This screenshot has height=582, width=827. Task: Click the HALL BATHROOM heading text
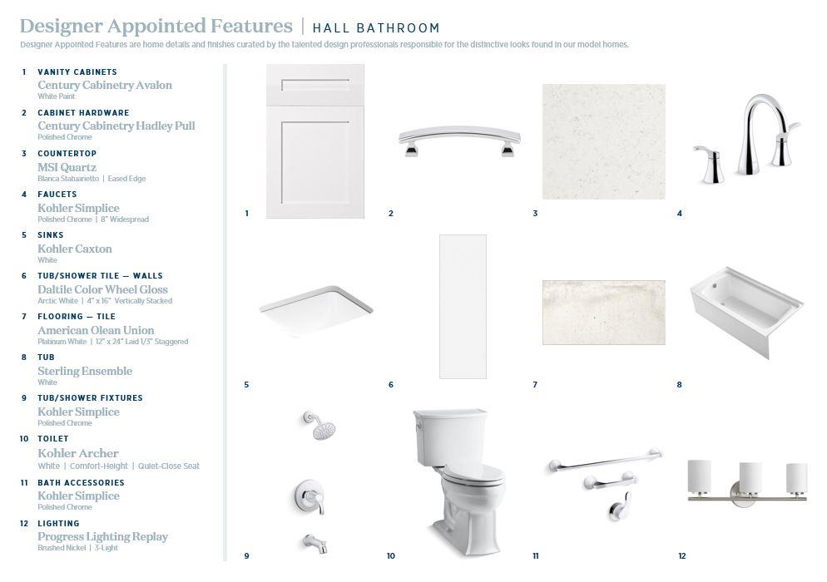(x=376, y=27)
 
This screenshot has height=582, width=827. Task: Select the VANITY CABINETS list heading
(x=77, y=72)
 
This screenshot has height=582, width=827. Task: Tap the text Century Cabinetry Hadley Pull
(x=116, y=126)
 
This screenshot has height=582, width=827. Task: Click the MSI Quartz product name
(x=67, y=167)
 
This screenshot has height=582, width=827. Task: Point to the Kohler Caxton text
(x=74, y=249)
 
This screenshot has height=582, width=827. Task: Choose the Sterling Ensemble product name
(x=84, y=371)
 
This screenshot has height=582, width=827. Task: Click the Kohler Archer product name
(x=78, y=453)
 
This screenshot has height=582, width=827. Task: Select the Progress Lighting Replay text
(x=102, y=536)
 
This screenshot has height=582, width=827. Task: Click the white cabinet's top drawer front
(x=314, y=85)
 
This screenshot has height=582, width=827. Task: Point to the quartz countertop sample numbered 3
(x=603, y=141)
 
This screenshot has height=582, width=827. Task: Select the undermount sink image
(x=316, y=309)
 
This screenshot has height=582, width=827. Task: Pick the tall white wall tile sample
(x=463, y=306)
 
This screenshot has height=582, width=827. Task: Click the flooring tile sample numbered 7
(x=603, y=312)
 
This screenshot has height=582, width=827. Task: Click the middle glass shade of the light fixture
(x=750, y=477)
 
